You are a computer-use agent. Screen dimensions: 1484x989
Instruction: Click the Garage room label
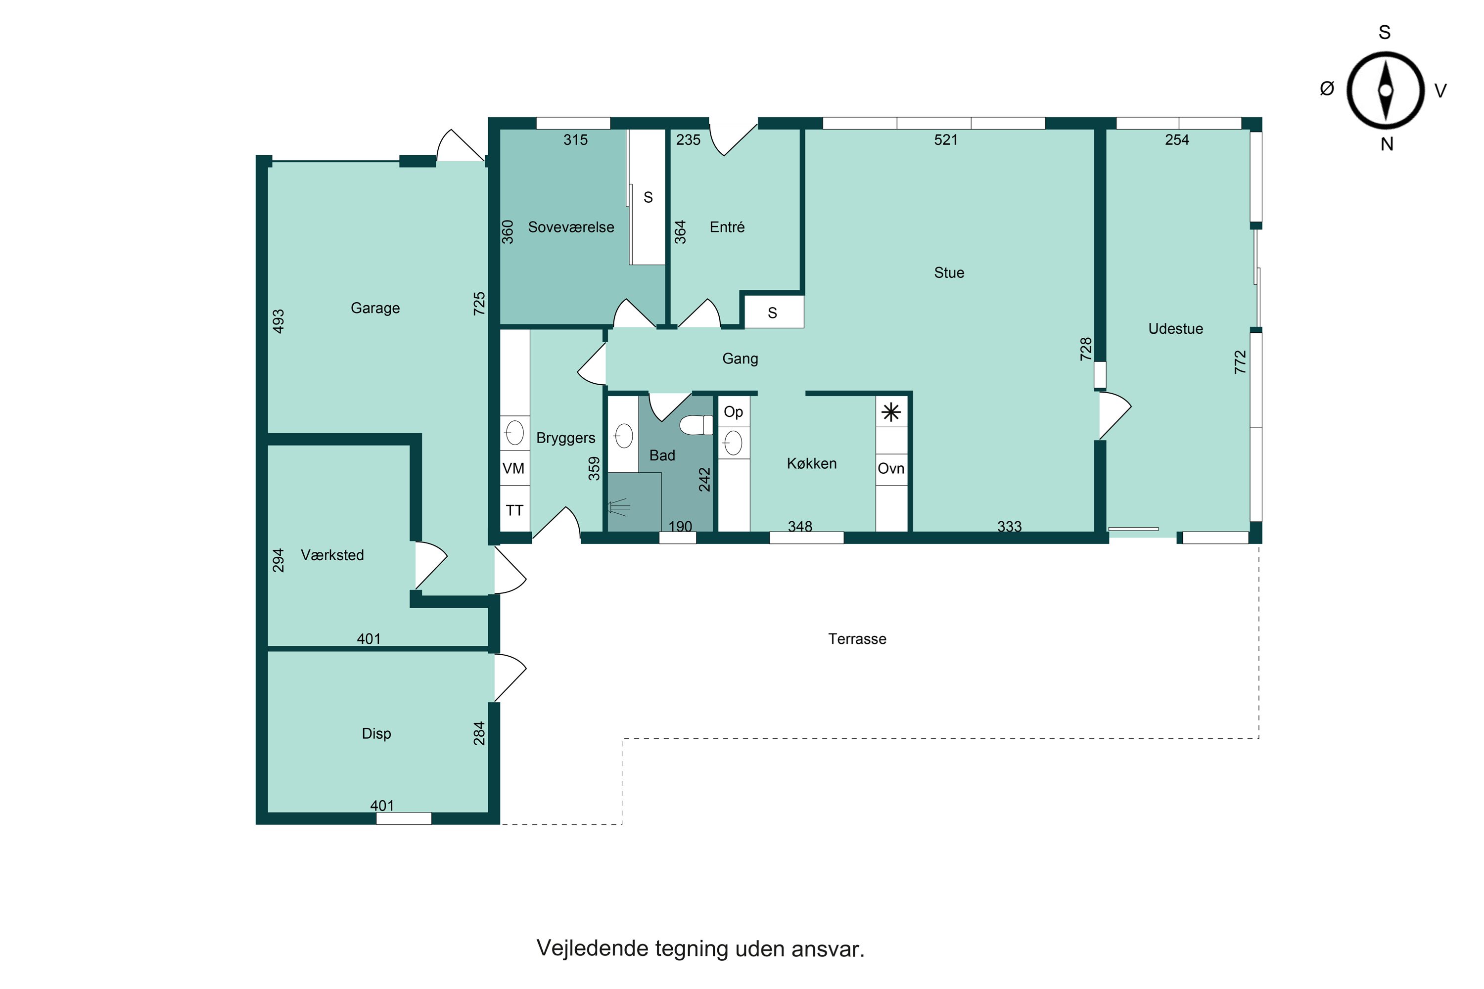click(x=375, y=308)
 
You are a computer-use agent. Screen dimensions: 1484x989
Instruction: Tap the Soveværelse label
click(x=571, y=227)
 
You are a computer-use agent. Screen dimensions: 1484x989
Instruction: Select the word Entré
click(x=727, y=227)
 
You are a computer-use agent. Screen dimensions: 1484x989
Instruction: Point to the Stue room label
click(x=949, y=272)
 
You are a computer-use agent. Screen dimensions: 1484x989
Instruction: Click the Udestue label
click(x=1175, y=329)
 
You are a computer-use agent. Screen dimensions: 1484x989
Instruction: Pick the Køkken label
click(x=811, y=464)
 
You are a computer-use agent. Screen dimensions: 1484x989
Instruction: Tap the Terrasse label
click(x=857, y=639)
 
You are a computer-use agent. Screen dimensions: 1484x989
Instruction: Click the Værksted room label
click(x=332, y=555)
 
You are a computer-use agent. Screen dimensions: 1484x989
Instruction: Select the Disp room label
click(x=376, y=733)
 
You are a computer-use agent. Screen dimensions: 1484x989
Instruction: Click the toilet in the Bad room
click(x=696, y=425)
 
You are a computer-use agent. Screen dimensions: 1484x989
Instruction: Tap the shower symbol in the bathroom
click(x=618, y=506)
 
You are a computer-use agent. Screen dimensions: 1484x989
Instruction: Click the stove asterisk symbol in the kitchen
click(x=891, y=413)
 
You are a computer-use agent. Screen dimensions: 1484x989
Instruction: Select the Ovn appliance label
click(x=891, y=469)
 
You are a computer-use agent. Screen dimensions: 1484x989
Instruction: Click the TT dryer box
click(x=514, y=510)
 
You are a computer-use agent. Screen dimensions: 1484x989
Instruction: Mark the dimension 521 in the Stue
click(x=946, y=140)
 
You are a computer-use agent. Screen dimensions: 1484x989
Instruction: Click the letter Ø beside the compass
click(x=1327, y=89)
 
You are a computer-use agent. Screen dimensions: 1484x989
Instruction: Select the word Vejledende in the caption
click(x=593, y=948)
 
